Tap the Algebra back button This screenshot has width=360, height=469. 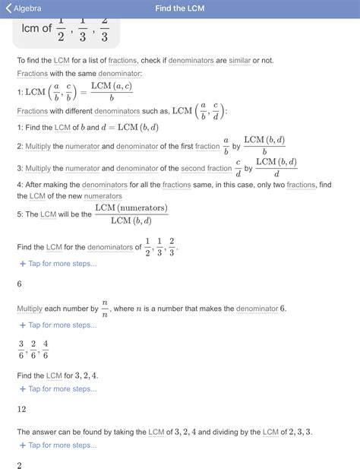23,9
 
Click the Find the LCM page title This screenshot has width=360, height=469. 179,9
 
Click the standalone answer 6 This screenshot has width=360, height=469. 20,284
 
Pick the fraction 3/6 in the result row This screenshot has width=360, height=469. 21,349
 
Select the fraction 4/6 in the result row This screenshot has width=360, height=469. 45,349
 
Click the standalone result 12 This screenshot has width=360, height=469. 22,410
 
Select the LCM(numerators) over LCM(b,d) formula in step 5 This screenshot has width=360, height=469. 131,215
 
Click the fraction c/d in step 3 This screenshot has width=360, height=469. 238,168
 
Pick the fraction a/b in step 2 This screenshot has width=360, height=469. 226,145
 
